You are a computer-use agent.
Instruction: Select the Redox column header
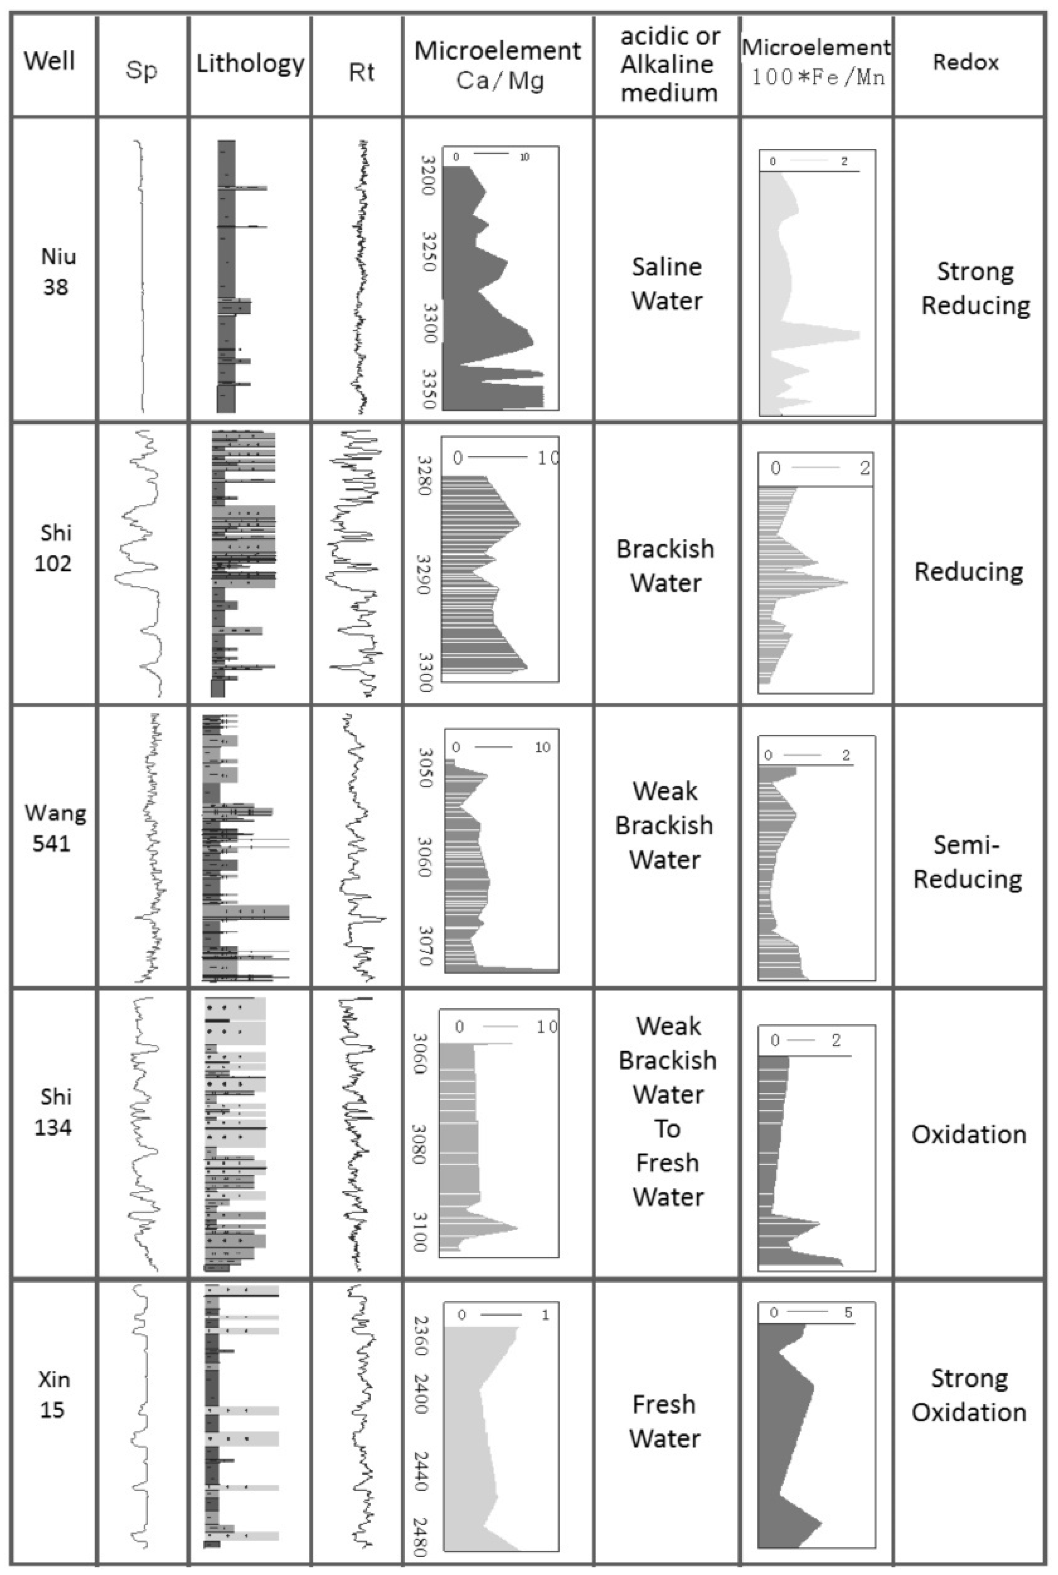click(966, 62)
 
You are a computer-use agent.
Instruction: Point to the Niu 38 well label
click(57, 271)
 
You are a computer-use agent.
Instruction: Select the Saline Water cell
click(667, 283)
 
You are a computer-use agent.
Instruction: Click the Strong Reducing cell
click(975, 288)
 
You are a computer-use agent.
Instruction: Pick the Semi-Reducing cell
click(967, 861)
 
